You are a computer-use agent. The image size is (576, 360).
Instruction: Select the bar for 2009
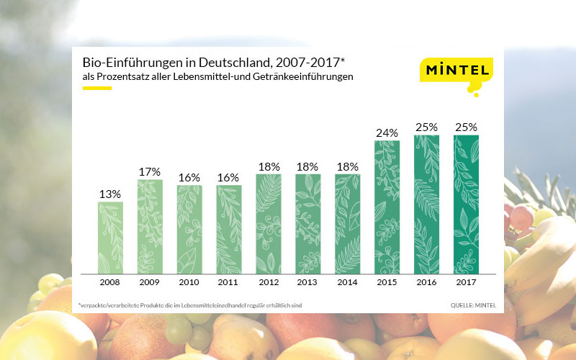click(x=150, y=226)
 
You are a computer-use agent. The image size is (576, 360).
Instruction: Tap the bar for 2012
click(x=269, y=223)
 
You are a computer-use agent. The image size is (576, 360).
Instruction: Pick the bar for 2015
click(x=387, y=207)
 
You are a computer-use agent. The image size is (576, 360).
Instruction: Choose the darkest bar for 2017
click(x=466, y=204)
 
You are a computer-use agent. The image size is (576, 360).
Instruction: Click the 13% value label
click(x=110, y=193)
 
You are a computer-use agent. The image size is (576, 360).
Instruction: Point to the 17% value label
click(x=150, y=171)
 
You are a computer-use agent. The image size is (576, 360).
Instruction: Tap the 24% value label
click(x=387, y=132)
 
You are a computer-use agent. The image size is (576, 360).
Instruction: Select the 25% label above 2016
click(x=426, y=127)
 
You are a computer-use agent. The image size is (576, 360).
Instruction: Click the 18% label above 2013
click(x=307, y=166)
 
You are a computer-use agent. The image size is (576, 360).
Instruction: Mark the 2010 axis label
click(x=189, y=282)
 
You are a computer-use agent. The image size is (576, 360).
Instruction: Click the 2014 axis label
click(x=347, y=282)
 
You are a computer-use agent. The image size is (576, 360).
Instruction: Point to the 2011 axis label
click(x=229, y=282)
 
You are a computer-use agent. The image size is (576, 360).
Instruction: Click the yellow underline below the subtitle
click(x=96, y=89)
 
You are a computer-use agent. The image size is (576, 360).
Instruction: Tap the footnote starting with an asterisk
click(x=190, y=306)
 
